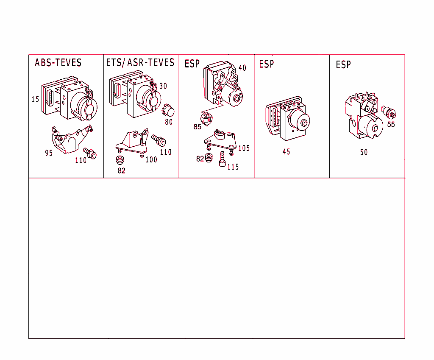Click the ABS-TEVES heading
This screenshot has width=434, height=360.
point(58,63)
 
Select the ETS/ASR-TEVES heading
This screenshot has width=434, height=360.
point(140,63)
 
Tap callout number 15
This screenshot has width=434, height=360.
point(35,99)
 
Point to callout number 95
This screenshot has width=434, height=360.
point(49,153)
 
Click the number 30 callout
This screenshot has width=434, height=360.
point(163,86)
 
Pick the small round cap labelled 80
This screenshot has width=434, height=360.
point(168,110)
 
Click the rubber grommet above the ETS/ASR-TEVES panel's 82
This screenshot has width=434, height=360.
point(120,160)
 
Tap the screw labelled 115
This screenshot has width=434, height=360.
point(222,159)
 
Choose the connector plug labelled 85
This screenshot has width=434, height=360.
point(206,119)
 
